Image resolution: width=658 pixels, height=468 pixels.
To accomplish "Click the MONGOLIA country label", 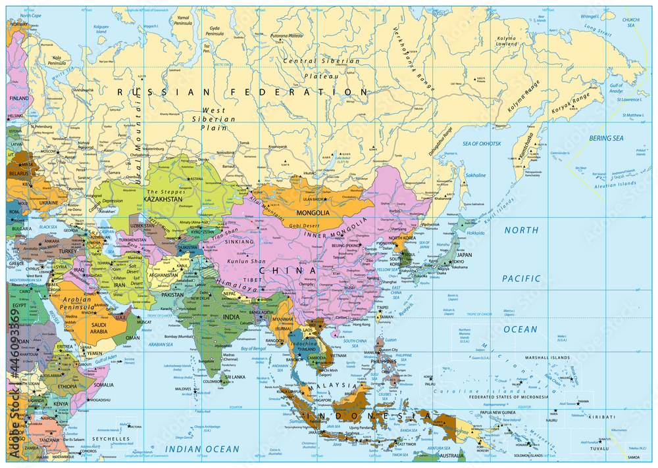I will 313,213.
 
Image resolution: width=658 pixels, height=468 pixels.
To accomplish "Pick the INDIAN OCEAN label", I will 201,449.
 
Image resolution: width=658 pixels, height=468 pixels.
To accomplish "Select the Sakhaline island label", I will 475,175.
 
